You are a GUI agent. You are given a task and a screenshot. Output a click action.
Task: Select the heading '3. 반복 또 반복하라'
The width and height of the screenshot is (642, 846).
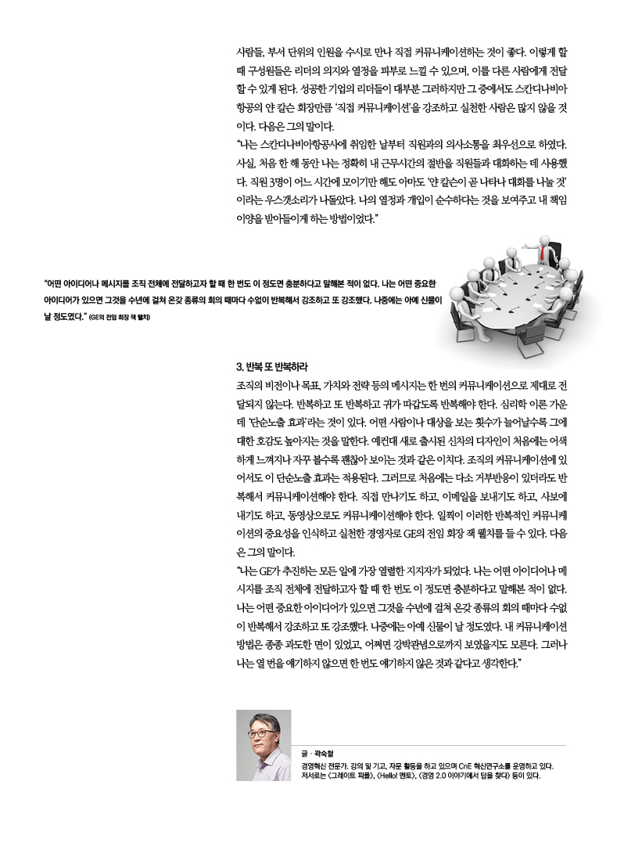click(271, 366)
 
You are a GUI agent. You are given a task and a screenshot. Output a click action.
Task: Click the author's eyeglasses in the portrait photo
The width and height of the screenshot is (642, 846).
click(263, 734)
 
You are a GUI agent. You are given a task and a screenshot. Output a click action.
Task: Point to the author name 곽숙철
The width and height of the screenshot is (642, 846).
click(323, 753)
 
